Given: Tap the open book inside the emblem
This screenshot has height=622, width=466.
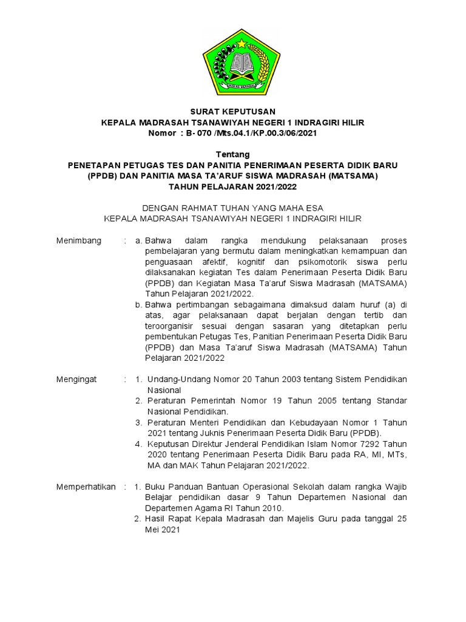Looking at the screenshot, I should pyautogui.click(x=233, y=62).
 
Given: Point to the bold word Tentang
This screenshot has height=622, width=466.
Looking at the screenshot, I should pyautogui.click(x=233, y=155).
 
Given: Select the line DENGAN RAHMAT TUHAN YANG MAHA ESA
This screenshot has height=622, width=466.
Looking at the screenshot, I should pyautogui.click(x=233, y=207).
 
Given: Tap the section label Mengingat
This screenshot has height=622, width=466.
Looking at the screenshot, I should pyautogui.click(x=76, y=379).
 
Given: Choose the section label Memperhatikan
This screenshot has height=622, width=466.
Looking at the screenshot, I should pyautogui.click(x=86, y=487).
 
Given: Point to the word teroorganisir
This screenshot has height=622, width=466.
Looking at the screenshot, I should pyautogui.click(x=171, y=326).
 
